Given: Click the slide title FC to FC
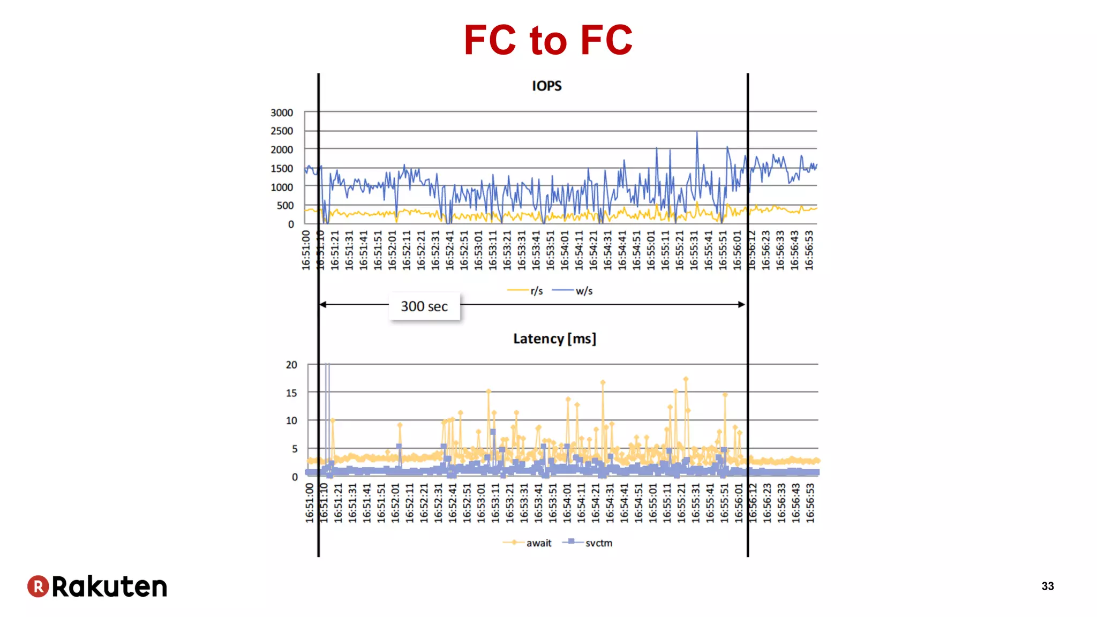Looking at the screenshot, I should pos(548,40).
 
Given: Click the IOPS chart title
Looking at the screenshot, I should pos(546,86).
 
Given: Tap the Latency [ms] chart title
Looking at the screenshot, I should pos(554,338).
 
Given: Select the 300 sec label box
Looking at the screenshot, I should pos(424,306).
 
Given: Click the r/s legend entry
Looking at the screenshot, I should pos(525,291).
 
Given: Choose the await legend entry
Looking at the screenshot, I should pos(528,543).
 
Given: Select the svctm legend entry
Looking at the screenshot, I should pos(588,543).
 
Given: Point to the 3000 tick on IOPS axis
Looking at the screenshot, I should pos(282,112).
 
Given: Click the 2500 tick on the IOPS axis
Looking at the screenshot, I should pos(282,131).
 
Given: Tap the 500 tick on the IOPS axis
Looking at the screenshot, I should pos(285,205).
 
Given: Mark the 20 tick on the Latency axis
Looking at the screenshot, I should pos(291,365).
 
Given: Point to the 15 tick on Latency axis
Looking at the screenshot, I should pos(291,393).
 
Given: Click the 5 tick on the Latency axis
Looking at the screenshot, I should pos(294,449).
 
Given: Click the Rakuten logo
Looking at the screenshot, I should pos(97,586).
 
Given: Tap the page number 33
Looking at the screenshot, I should pos(1048,586).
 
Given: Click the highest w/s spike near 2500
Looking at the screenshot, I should pos(697,132).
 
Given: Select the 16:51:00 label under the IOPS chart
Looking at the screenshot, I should pos(306,250).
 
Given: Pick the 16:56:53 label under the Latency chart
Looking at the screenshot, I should pos(810,503).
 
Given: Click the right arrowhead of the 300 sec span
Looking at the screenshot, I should pos(742,304).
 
